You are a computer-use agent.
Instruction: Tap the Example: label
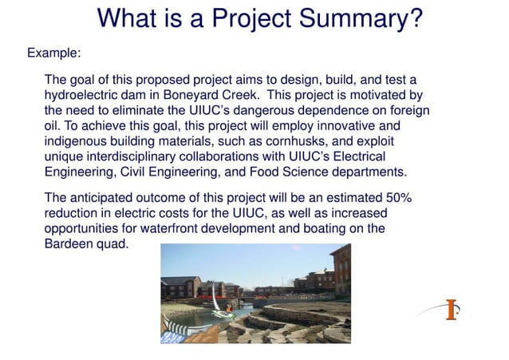pos(53,53)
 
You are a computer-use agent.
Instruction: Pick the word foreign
pos(408,111)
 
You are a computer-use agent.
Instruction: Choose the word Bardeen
pos(69,243)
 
